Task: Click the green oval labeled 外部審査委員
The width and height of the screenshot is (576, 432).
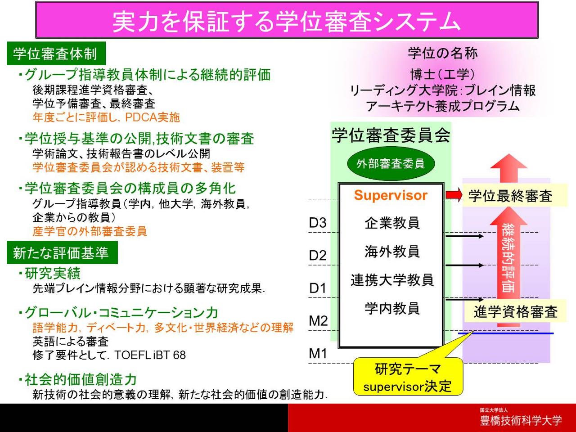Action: pyautogui.click(x=391, y=164)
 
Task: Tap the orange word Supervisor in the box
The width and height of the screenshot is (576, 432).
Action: pyautogui.click(x=391, y=195)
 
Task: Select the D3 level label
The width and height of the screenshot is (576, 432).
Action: pyautogui.click(x=318, y=223)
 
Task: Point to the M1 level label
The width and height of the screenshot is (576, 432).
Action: pyautogui.click(x=318, y=353)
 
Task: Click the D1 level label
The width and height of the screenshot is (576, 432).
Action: pyautogui.click(x=318, y=288)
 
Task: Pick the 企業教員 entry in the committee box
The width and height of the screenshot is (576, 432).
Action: pyautogui.click(x=392, y=223)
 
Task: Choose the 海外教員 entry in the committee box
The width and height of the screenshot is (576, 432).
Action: pyautogui.click(x=392, y=252)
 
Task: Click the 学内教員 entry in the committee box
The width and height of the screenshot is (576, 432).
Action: pyautogui.click(x=392, y=308)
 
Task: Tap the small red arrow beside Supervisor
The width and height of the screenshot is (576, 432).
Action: pyautogui.click(x=454, y=194)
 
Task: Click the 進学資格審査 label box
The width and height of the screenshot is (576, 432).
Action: pyautogui.click(x=515, y=311)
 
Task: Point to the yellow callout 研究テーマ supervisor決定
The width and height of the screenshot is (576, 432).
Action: pyautogui.click(x=408, y=377)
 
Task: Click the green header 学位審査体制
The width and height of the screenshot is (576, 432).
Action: pyautogui.click(x=56, y=54)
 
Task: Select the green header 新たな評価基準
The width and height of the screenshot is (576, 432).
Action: pyautogui.click(x=62, y=252)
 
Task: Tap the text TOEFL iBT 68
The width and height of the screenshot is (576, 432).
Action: pyautogui.click(x=150, y=355)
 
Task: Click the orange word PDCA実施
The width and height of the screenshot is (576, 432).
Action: pyautogui.click(x=153, y=117)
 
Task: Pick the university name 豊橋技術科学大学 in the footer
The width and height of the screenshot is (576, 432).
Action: pyautogui.click(x=521, y=421)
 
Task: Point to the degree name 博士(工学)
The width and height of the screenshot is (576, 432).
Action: pyautogui.click(x=443, y=75)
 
